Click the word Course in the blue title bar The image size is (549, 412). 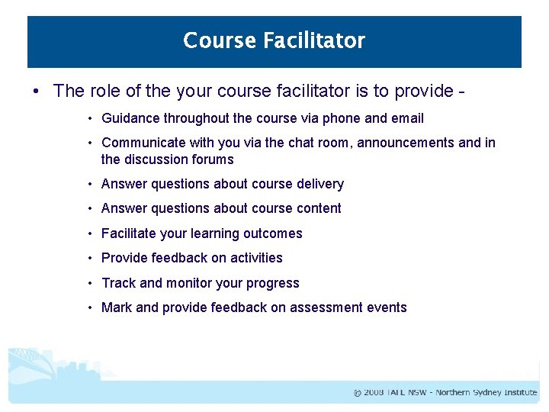coord(220,40)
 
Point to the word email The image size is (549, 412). coord(407,118)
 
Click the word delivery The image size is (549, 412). coord(320,184)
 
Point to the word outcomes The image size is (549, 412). coord(275,233)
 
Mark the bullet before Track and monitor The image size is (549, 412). coord(90,283)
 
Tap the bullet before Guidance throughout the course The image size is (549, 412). coord(90,118)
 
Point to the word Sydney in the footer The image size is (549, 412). coord(486,393)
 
